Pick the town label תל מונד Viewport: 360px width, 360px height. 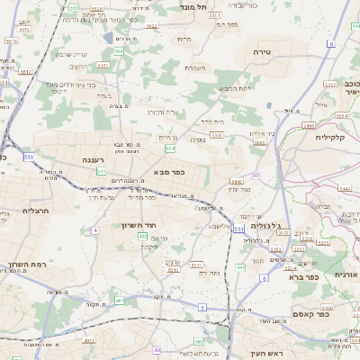coord(193,7)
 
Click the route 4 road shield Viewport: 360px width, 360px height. coord(95,230)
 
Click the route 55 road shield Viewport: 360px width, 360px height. coord(256,175)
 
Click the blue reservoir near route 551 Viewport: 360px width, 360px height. coord(109,38)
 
